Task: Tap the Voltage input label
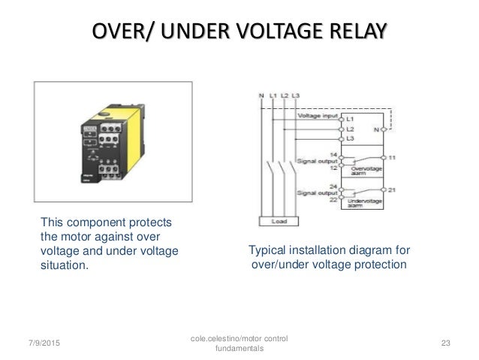(x=318, y=116)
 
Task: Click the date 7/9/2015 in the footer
(x=34, y=343)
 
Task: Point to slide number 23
(x=445, y=343)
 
